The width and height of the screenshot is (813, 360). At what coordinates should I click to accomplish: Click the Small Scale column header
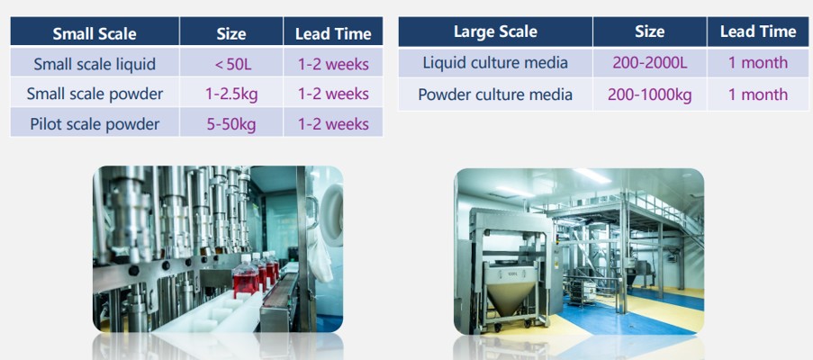click(95, 34)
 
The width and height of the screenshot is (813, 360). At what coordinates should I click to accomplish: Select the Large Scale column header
click(495, 31)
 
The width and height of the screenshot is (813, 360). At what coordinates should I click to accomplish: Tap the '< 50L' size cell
click(231, 64)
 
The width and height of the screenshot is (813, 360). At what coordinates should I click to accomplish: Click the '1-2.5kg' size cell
click(231, 94)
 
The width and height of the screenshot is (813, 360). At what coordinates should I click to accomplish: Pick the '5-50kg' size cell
click(231, 124)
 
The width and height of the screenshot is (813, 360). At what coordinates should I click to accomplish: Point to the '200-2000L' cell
click(650, 63)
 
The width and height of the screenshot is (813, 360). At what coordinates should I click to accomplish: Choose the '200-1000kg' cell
click(650, 94)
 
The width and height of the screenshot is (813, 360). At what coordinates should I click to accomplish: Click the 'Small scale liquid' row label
click(95, 64)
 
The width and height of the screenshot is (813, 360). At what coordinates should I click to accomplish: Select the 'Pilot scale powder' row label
click(95, 124)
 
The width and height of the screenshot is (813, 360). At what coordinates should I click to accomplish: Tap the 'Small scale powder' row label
click(95, 94)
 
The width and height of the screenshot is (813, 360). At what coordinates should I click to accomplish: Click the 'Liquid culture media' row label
click(495, 63)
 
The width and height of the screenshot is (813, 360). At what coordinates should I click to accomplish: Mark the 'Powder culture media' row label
click(495, 94)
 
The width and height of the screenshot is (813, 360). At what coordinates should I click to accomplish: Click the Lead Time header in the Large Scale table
click(758, 31)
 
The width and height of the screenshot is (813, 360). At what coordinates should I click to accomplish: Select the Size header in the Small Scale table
click(231, 34)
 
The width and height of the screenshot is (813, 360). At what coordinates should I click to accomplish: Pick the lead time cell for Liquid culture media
click(758, 63)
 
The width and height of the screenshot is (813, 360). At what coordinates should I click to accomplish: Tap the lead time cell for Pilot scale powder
click(333, 124)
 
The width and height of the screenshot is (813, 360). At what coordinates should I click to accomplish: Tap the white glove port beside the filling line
click(332, 215)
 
